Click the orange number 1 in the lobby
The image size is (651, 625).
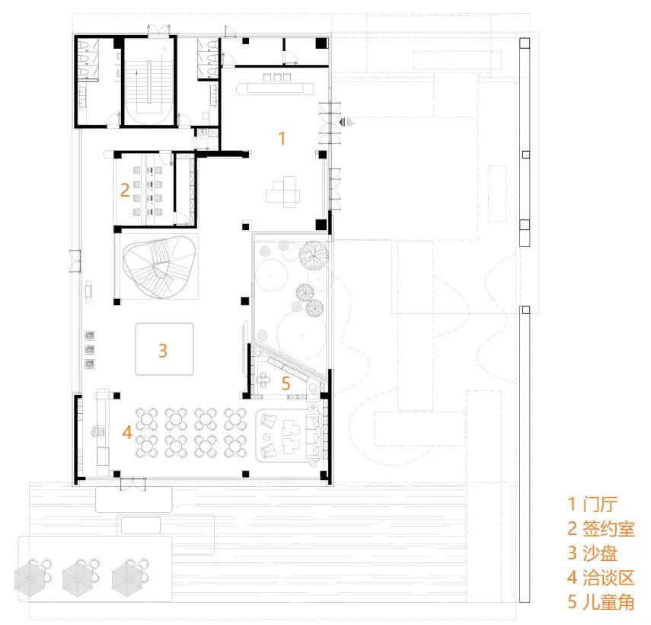click(x=282, y=138)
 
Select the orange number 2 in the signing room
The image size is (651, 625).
click(x=125, y=190)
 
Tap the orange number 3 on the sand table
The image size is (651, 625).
click(x=162, y=351)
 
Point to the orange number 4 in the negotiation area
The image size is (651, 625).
click(x=127, y=432)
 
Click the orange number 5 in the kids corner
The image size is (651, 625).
click(x=286, y=383)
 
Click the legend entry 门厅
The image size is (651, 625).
click(x=599, y=504)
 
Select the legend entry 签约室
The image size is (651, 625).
click(x=608, y=529)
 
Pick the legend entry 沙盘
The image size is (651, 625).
click(x=599, y=553)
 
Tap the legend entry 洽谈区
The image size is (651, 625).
click(x=608, y=578)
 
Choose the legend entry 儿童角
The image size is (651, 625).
click(x=608, y=602)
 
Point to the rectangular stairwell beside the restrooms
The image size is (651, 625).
click(x=149, y=80)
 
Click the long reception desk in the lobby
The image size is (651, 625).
click(x=275, y=88)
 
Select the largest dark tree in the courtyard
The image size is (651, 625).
click(x=313, y=255)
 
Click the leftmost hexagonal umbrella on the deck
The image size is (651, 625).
click(x=30, y=578)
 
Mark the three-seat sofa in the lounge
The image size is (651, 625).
click(x=313, y=435)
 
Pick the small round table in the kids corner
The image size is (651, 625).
click(x=263, y=379)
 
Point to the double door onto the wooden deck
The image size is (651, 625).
click(x=133, y=483)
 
